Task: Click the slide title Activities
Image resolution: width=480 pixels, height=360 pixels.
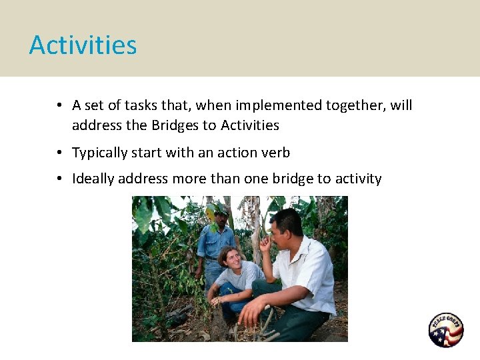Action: click(83, 45)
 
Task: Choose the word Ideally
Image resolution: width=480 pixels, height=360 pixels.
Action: click(93, 179)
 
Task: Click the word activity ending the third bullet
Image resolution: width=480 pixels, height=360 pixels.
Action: click(359, 179)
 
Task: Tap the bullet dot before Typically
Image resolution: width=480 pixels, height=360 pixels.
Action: click(59, 153)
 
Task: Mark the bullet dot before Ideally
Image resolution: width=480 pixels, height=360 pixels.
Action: click(59, 179)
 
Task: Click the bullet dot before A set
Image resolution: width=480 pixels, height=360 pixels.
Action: click(59, 105)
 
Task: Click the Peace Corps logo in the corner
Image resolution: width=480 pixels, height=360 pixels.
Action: click(445, 330)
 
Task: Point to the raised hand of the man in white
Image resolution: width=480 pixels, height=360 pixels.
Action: click(265, 243)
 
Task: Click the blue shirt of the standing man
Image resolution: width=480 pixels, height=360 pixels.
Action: click(215, 243)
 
